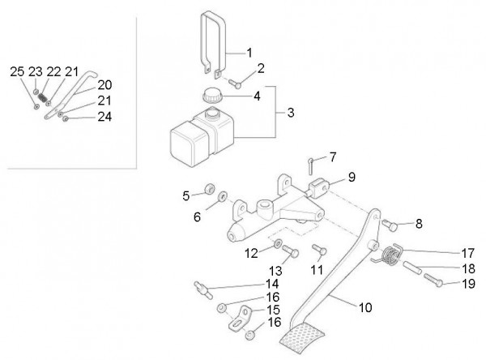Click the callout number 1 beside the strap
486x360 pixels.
pos(249,53)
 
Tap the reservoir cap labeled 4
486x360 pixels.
pos(212,95)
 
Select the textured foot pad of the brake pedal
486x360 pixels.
pos(302,338)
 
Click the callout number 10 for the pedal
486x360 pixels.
pos(365,307)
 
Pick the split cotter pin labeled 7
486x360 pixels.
pos(311,166)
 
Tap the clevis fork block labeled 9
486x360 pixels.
pos(318,188)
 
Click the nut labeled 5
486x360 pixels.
pos(210,189)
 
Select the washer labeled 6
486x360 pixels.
pos(223,196)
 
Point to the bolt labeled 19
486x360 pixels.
pos(433,280)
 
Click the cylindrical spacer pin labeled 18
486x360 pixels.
pos(412,268)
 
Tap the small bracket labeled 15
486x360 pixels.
pos(241,319)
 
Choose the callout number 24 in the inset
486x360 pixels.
pos(104,117)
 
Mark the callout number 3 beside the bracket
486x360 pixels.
pos(291,113)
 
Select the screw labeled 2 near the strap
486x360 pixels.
pos(235,84)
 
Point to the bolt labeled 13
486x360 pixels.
pos(291,251)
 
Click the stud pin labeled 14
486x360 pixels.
pos(203,289)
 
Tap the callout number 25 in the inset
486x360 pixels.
pos(17,71)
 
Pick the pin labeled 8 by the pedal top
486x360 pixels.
pos(390,225)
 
